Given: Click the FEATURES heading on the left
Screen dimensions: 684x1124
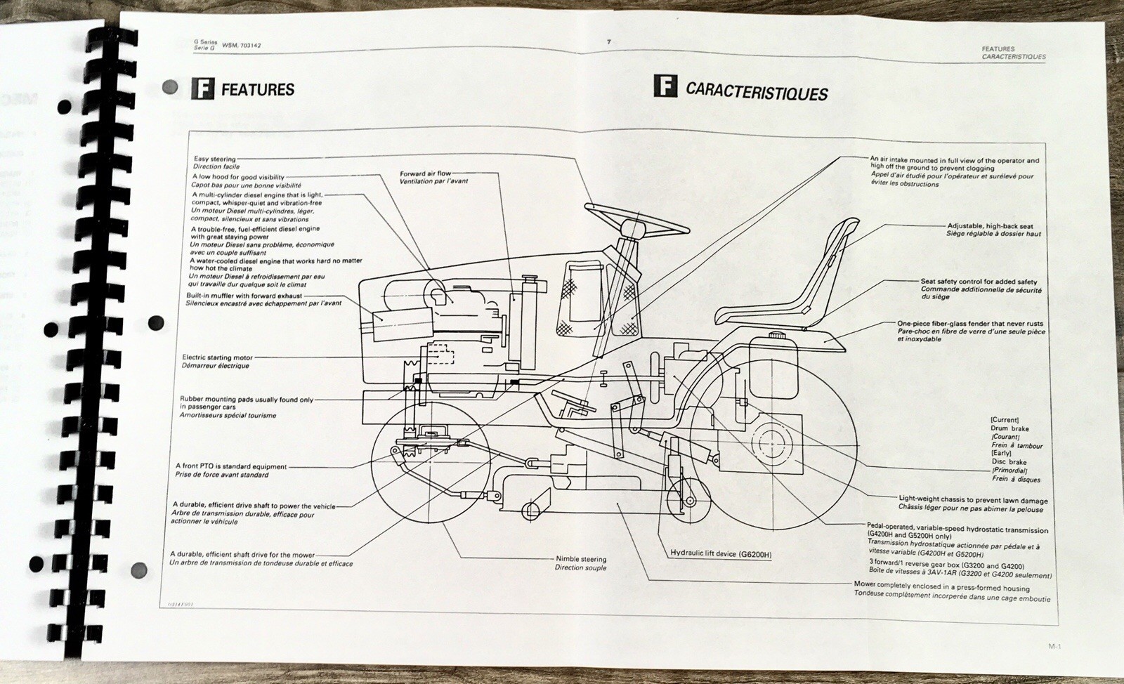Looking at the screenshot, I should click(x=257, y=90).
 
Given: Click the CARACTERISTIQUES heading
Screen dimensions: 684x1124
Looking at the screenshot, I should click(x=757, y=92).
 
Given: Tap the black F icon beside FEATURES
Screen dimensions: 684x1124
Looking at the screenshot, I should click(x=202, y=89).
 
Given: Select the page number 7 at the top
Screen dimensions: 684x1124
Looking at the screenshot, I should click(x=609, y=42).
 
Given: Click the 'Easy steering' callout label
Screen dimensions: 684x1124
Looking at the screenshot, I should click(x=214, y=159).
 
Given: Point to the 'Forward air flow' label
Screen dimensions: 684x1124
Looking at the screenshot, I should click(x=425, y=173).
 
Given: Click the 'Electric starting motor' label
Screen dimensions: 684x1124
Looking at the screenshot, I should click(x=217, y=357).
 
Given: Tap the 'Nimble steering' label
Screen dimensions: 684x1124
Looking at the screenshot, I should click(x=580, y=559).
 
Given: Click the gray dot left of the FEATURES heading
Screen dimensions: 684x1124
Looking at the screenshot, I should click(x=169, y=88).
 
